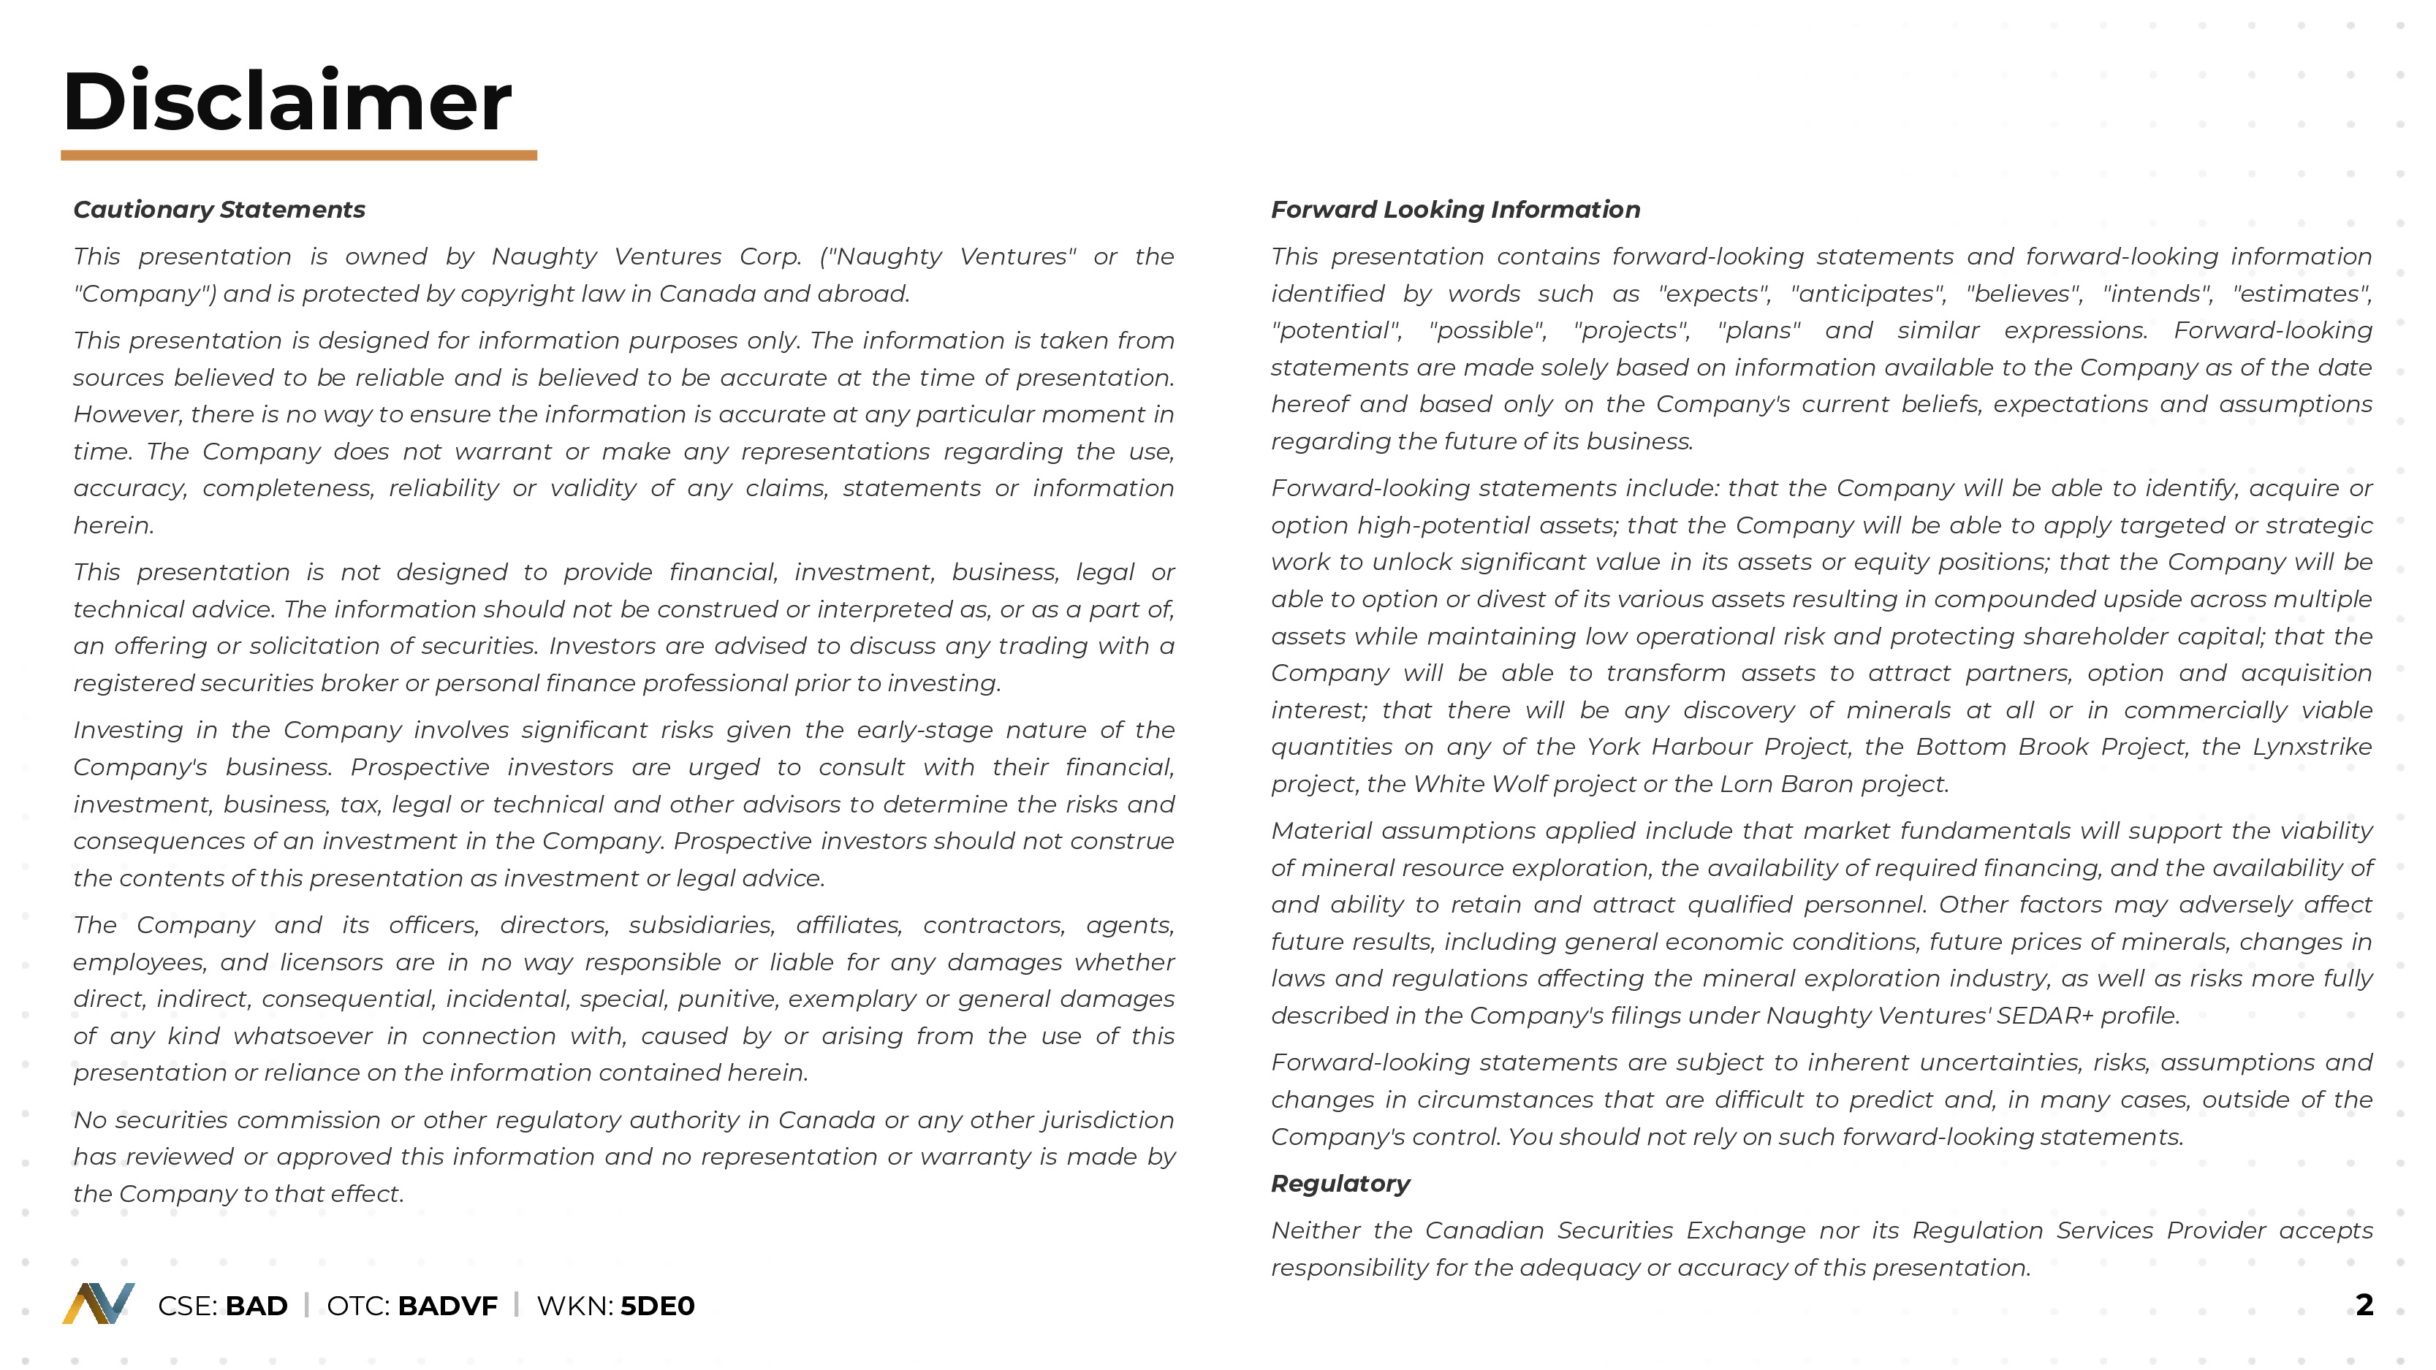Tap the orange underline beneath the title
[298, 155]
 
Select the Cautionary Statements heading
[219, 210]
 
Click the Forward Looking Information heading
[1454, 210]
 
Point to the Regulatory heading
[1339, 1184]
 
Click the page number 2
[2363, 1305]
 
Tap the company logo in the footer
[99, 1304]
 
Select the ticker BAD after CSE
[257, 1306]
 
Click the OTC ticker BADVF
[447, 1306]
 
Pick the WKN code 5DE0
[657, 1306]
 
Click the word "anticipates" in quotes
[1867, 294]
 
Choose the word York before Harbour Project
[1613, 747]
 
